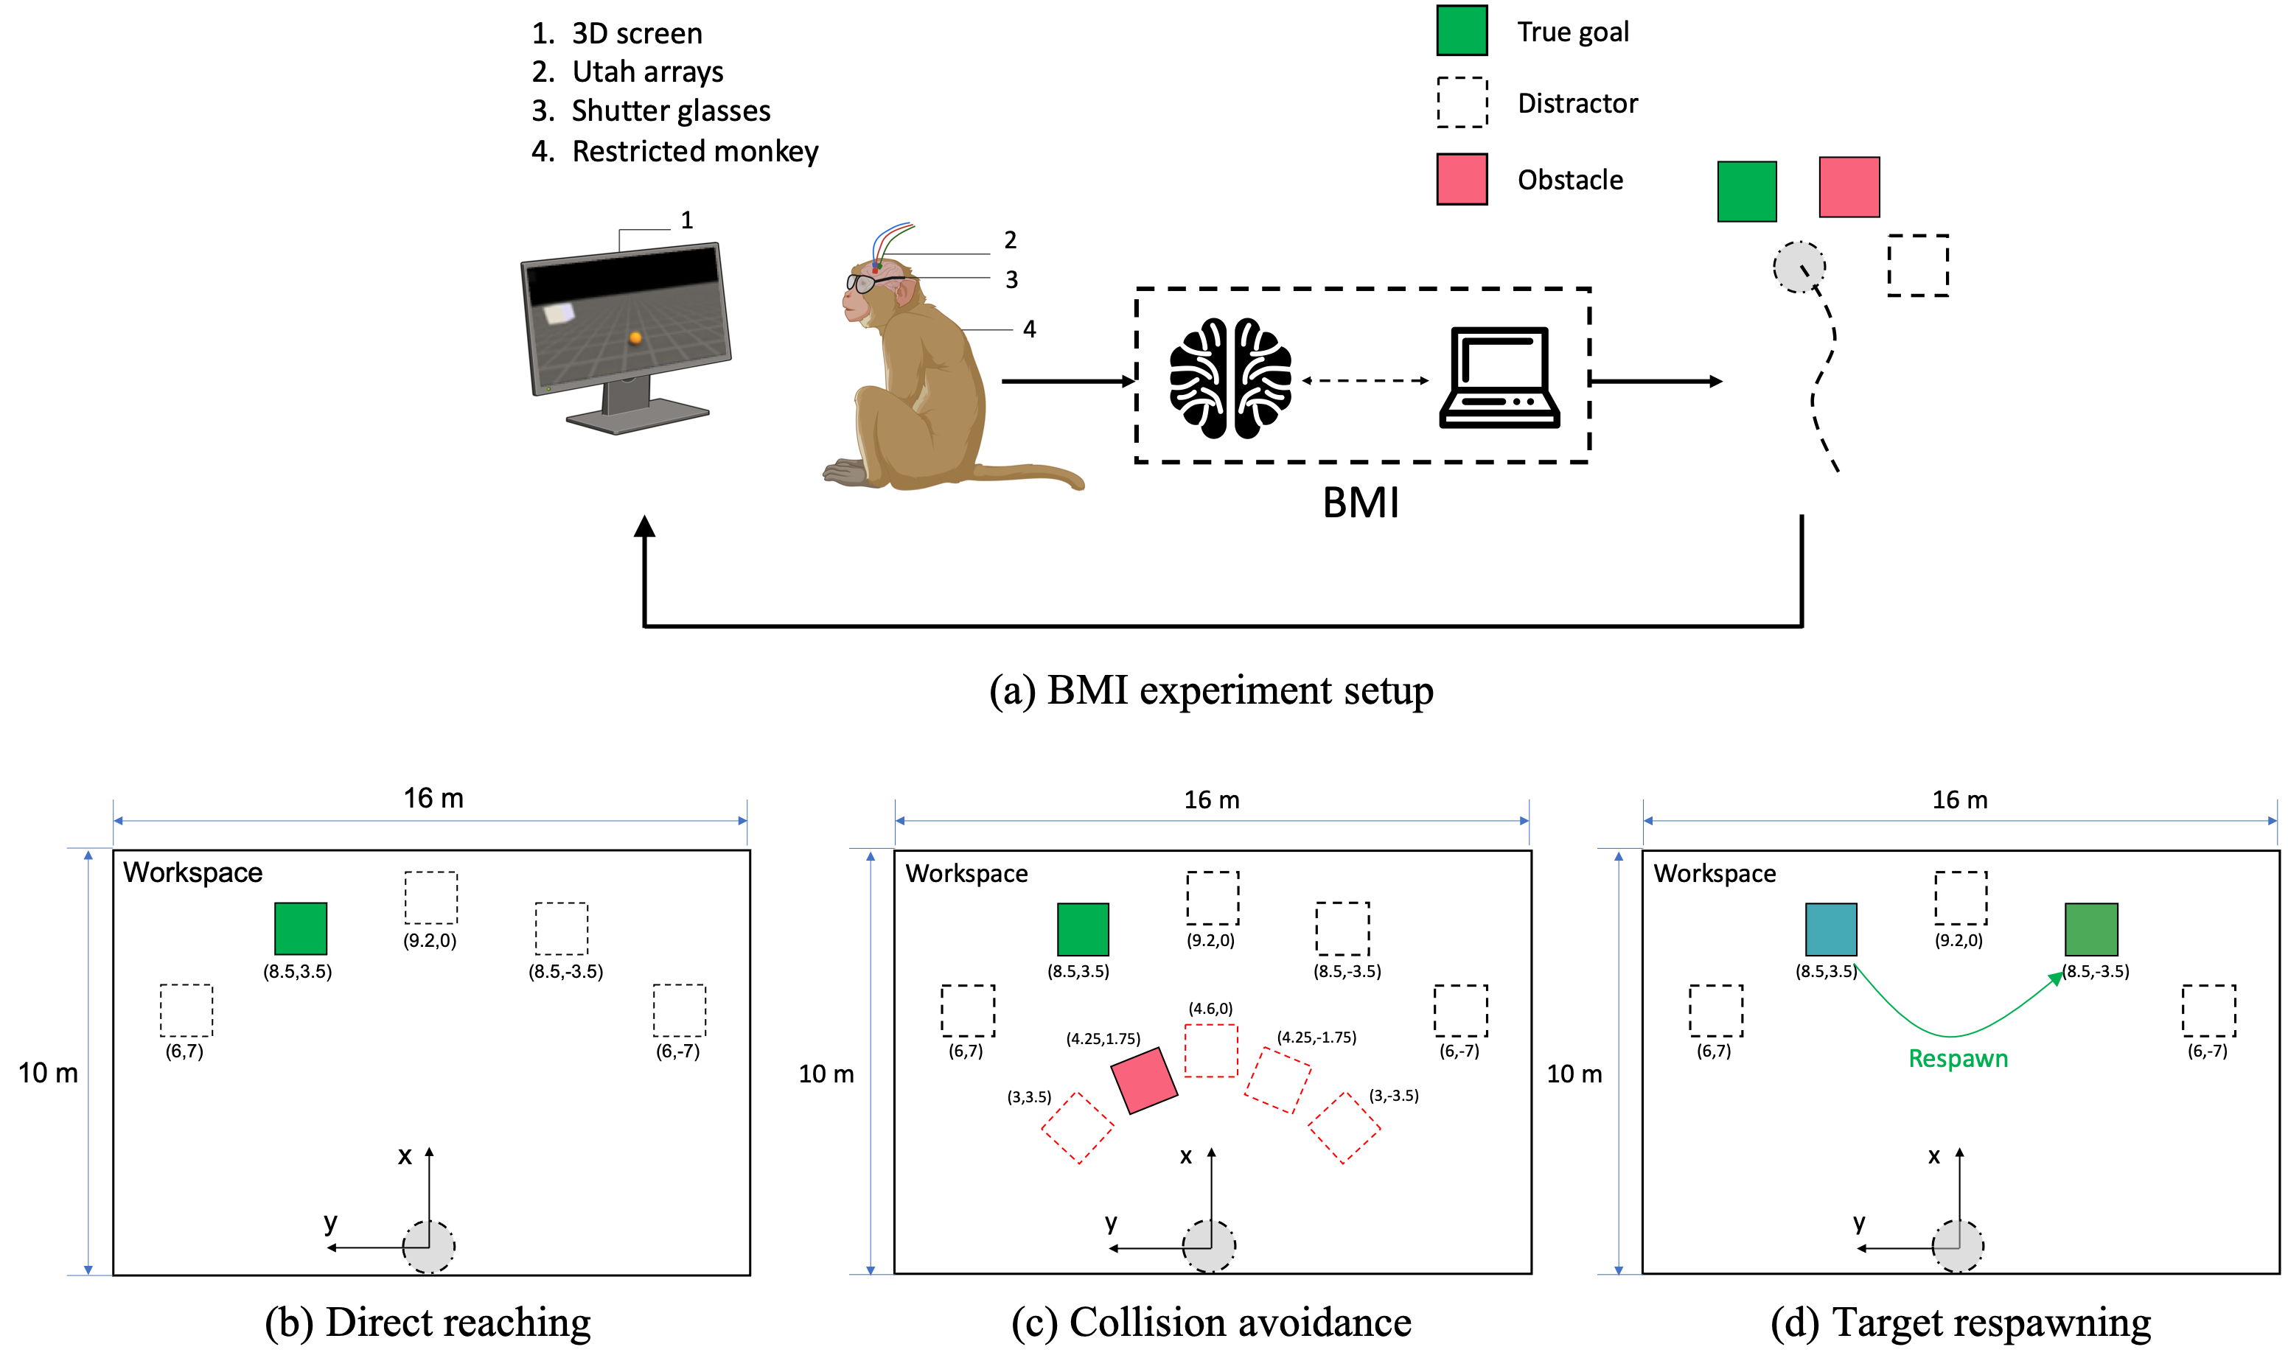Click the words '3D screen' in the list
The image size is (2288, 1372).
click(636, 33)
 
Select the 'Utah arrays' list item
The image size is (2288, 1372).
click(646, 71)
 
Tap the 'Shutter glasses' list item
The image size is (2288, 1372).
click(671, 111)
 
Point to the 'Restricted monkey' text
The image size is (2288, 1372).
click(694, 151)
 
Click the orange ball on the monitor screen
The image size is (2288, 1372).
click(635, 337)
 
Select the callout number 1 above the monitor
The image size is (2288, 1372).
click(686, 220)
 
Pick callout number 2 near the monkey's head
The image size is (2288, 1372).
click(1010, 240)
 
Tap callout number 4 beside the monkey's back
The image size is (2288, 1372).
click(1029, 329)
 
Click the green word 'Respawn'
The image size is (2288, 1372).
click(1958, 1059)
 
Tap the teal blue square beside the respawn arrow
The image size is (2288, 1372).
click(1831, 929)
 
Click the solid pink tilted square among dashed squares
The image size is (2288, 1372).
click(1144, 1080)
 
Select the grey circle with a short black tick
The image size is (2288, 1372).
click(1799, 267)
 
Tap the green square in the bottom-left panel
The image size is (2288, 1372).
click(301, 928)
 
